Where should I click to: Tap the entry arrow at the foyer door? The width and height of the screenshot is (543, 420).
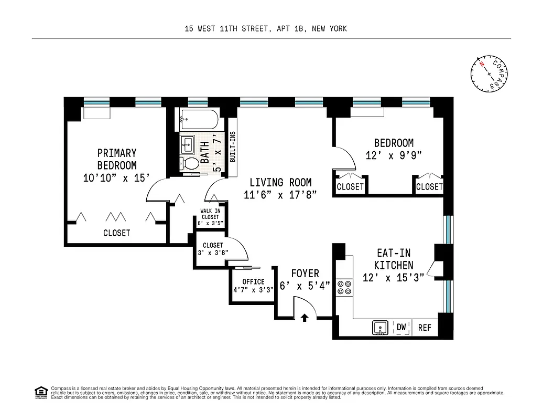(x=305, y=317)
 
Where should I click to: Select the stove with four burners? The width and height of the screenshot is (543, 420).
(x=344, y=287)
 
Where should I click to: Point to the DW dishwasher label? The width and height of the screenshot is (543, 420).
(x=401, y=327)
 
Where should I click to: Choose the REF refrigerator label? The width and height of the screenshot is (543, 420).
(x=425, y=328)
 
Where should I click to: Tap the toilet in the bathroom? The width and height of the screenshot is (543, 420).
(x=190, y=163)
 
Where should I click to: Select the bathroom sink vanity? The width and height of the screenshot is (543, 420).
(x=188, y=144)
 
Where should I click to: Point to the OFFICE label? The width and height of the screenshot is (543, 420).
(x=253, y=282)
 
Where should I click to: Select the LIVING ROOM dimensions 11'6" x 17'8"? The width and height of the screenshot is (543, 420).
(x=280, y=195)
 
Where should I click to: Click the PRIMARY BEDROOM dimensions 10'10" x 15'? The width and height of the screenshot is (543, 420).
(x=117, y=178)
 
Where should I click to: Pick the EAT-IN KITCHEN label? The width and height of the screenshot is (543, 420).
(x=394, y=259)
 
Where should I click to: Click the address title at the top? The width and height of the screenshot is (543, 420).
(x=266, y=29)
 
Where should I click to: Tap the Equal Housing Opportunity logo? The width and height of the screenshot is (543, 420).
(x=40, y=392)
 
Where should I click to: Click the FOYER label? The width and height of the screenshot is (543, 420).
(x=305, y=274)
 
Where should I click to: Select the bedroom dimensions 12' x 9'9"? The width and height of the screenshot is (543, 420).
(x=394, y=155)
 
